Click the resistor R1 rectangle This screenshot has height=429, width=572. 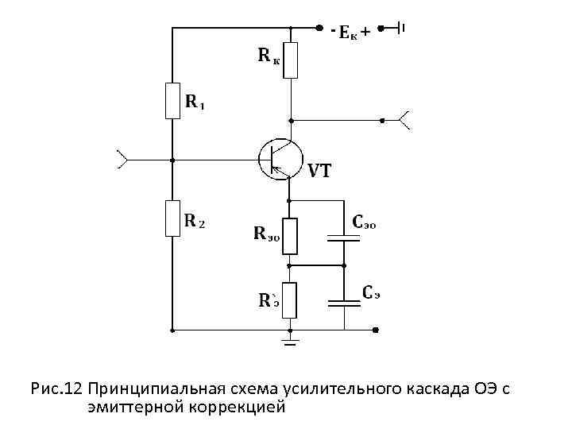pyautogui.click(x=172, y=102)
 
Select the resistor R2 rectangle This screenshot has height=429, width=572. pyautogui.click(x=172, y=218)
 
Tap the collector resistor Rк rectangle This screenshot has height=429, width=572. pyautogui.click(x=291, y=60)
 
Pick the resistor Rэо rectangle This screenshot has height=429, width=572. pyautogui.click(x=291, y=234)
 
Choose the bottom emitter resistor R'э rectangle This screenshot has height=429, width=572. pyautogui.click(x=291, y=299)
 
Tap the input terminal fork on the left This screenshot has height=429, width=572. pyautogui.click(x=122, y=159)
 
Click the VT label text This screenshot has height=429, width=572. pyautogui.click(x=319, y=171)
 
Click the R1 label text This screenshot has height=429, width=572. pyautogui.click(x=195, y=102)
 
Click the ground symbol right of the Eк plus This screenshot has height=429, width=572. pyautogui.click(x=401, y=29)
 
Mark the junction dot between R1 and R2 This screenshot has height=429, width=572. pyautogui.click(x=172, y=159)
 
